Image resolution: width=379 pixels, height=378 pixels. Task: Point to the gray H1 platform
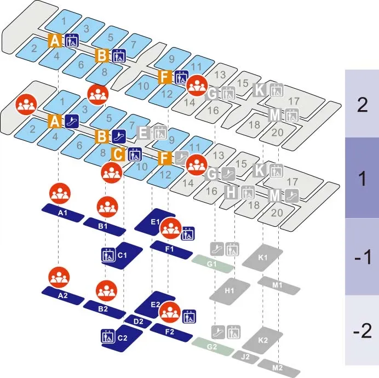pos(230,289)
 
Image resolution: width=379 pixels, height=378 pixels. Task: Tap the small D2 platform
pos(139,322)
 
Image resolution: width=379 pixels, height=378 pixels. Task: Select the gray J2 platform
pos(246,357)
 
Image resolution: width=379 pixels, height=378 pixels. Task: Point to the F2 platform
pos(170,332)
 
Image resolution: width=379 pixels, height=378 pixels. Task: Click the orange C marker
pos(117,154)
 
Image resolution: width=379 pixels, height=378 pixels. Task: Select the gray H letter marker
pos(232,192)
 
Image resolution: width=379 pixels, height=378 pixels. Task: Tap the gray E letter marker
pos(143,132)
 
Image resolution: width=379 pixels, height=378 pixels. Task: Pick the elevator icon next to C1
pos(107,255)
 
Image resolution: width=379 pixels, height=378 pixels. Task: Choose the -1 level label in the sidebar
pos(362,257)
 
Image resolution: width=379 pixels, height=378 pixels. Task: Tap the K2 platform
pos(263,340)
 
